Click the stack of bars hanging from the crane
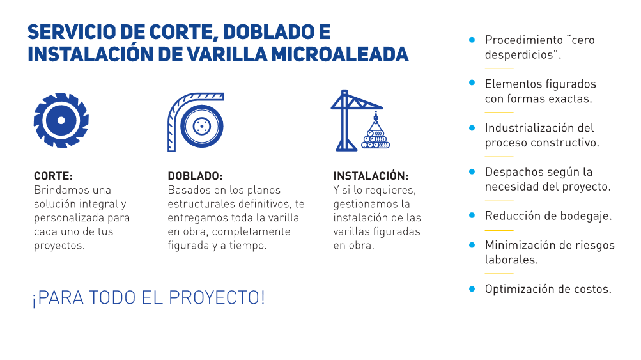(x=376, y=139)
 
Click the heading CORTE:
(x=53, y=176)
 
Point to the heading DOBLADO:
(x=195, y=176)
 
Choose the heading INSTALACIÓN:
(x=371, y=175)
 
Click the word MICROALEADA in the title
(x=340, y=54)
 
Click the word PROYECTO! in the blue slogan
(x=217, y=297)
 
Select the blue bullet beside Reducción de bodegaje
(x=472, y=215)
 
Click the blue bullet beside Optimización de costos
(x=472, y=289)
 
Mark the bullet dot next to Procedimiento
(x=472, y=40)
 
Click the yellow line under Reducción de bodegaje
(x=499, y=230)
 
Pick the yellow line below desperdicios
(x=499, y=68)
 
